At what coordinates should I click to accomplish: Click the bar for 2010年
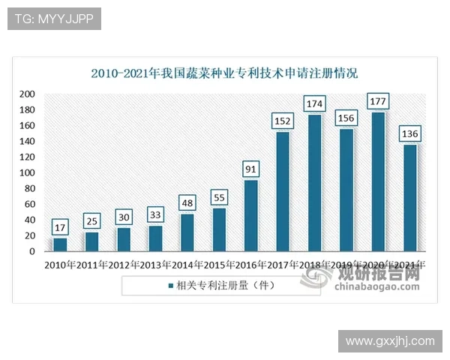click(x=60, y=244)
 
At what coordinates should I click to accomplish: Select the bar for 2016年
click(x=251, y=216)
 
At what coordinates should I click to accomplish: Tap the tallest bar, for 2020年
click(x=379, y=181)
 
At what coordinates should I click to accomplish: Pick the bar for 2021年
click(x=410, y=198)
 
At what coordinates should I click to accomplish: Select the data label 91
click(x=251, y=169)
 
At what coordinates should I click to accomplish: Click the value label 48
click(x=187, y=202)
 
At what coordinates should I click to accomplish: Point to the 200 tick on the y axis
click(x=27, y=94)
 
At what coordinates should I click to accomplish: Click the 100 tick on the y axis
click(x=27, y=172)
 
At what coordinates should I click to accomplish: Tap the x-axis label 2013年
click(x=156, y=265)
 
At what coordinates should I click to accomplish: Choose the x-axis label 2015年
click(x=219, y=265)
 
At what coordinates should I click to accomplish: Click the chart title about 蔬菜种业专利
click(x=224, y=73)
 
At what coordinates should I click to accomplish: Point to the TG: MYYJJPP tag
click(x=54, y=19)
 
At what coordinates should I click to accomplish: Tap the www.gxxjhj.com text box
click(x=389, y=341)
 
